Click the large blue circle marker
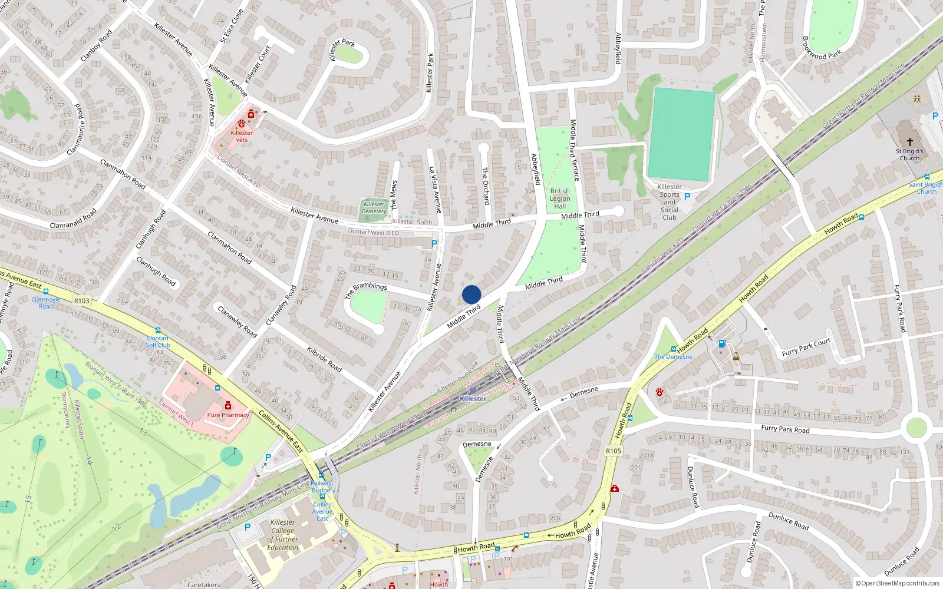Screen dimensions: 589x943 point(471,294)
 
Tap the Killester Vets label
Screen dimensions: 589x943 point(242,136)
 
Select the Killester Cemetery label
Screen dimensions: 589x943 point(374,208)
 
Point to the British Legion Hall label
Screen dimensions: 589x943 point(560,198)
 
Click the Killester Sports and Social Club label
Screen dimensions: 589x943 point(670,202)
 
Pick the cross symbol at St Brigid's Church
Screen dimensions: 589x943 point(909,142)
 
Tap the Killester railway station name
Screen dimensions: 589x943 point(473,399)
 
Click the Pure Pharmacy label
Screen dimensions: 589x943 point(228,415)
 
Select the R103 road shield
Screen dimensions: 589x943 point(82,301)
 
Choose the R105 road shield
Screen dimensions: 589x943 point(614,451)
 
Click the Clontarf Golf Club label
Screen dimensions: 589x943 point(157,342)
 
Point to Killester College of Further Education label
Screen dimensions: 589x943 point(283,535)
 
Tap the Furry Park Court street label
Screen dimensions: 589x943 point(806,348)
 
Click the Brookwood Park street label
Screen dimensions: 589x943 point(822,48)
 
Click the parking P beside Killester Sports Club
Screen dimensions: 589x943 point(687,197)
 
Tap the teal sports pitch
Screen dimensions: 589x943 point(682,134)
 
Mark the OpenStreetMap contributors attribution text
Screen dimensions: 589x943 point(898,584)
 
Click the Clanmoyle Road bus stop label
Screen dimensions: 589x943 point(46,303)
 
